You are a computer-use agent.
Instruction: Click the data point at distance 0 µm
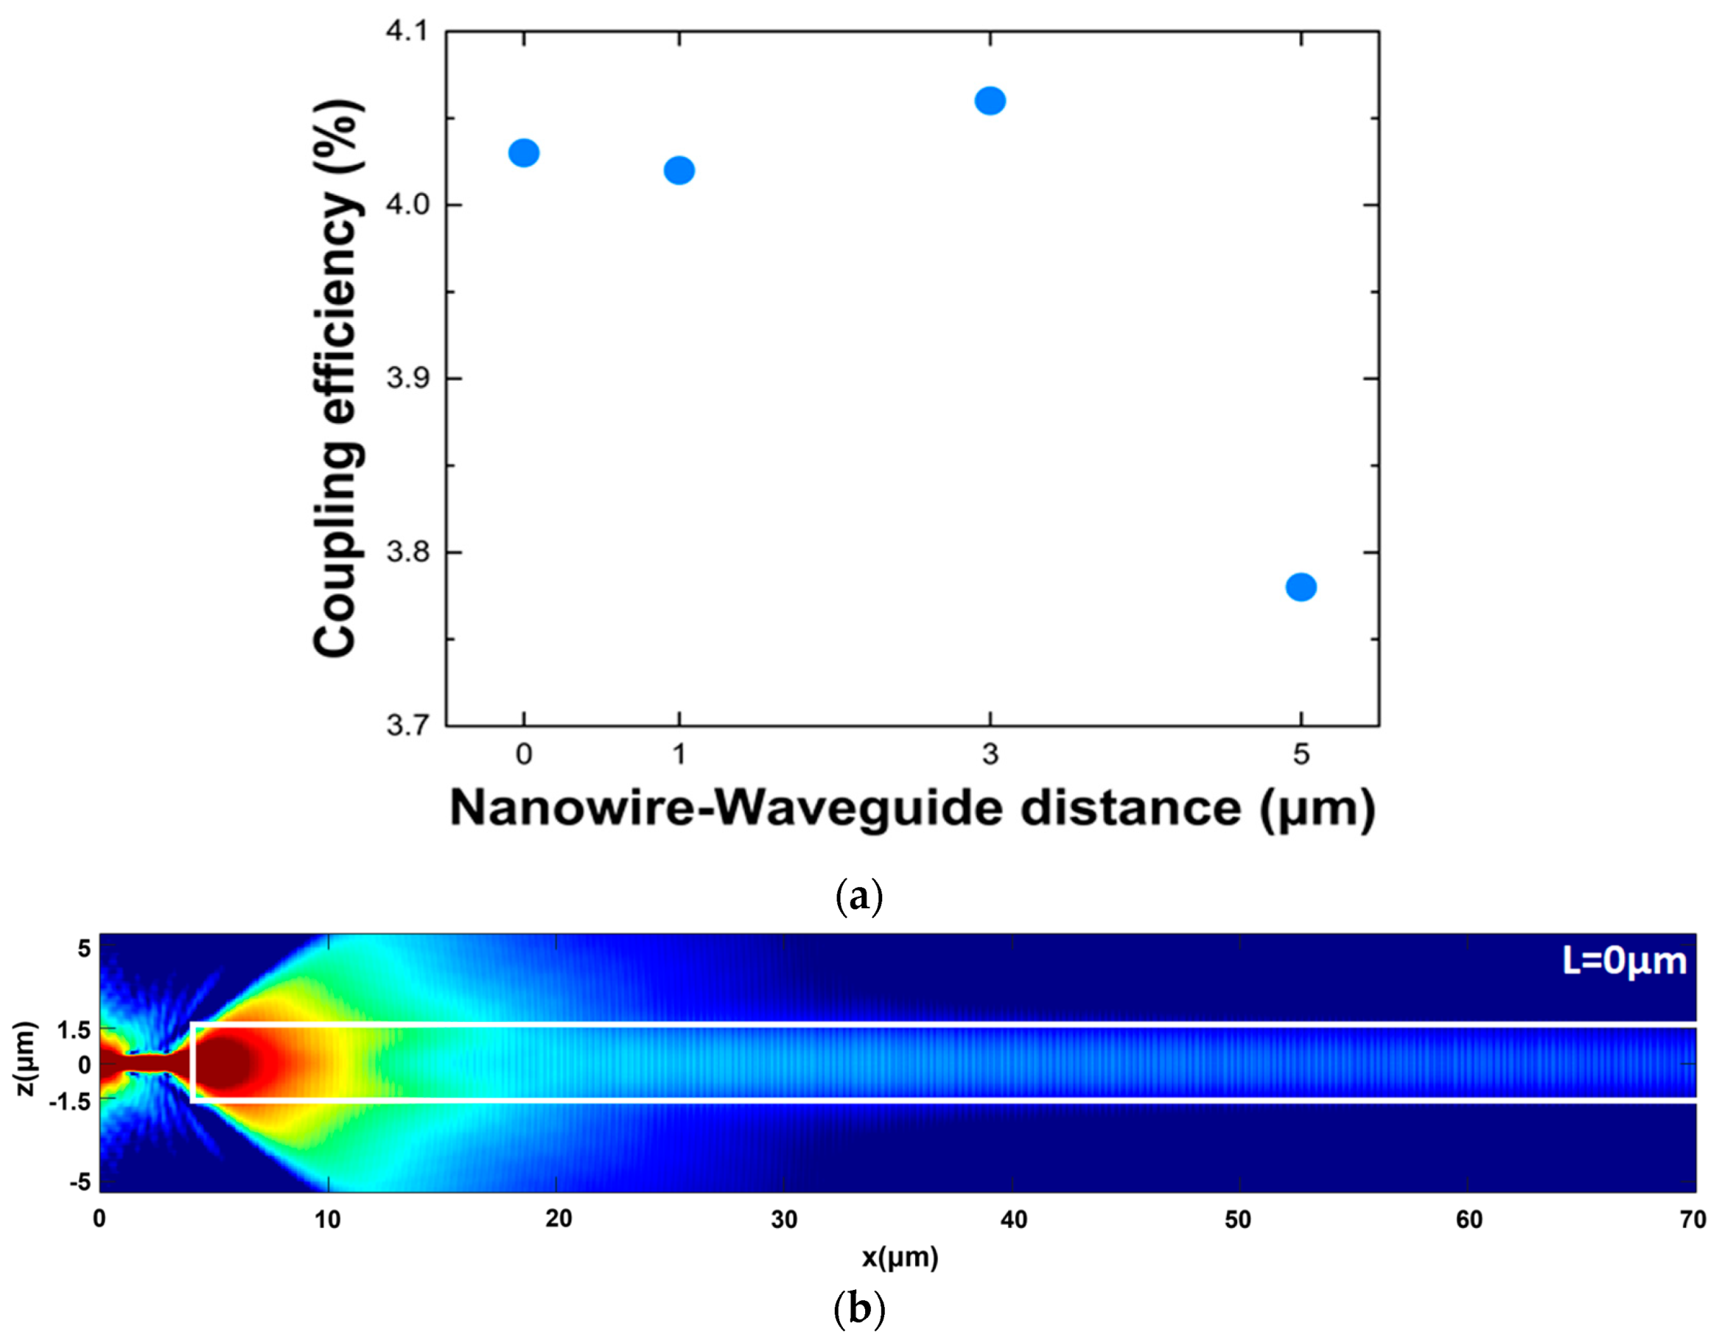[x=524, y=153]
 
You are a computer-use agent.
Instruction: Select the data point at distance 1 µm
[x=679, y=170]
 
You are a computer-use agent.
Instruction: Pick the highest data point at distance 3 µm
[x=990, y=101]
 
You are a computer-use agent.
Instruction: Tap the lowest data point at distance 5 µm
[x=1301, y=587]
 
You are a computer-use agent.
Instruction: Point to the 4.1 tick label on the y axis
[x=406, y=32]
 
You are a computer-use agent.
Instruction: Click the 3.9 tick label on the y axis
[x=406, y=379]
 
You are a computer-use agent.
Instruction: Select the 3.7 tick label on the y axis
[x=406, y=725]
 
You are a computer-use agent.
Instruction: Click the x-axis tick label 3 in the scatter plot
[x=990, y=755]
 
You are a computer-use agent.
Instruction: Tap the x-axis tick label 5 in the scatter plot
[x=1301, y=755]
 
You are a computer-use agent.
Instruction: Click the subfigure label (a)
[x=858, y=898]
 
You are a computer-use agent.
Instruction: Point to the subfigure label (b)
[x=858, y=1309]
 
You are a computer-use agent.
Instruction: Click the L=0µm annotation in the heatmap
[x=1623, y=961]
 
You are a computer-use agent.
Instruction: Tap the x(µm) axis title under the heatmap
[x=900, y=1257]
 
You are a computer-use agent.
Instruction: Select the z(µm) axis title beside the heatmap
[x=27, y=1059]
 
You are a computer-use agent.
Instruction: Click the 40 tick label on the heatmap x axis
[x=1014, y=1220]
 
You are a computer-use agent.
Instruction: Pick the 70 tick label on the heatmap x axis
[x=1692, y=1220]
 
